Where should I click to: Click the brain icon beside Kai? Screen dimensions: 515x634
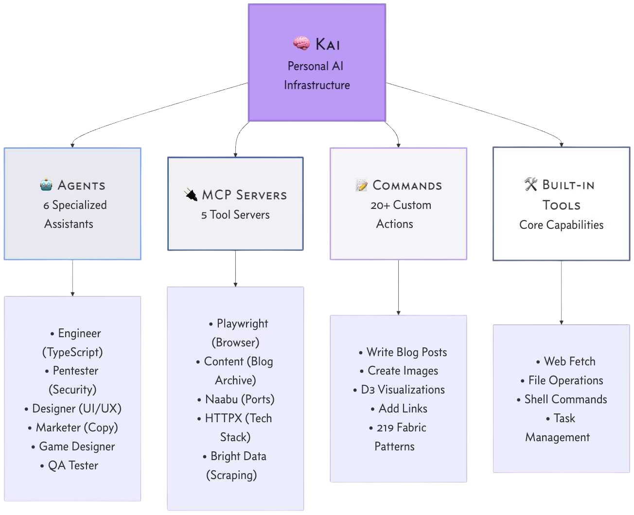pyautogui.click(x=301, y=44)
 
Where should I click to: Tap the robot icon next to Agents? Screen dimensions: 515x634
pyautogui.click(x=46, y=185)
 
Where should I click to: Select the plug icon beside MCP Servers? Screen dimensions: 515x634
pyautogui.click(x=191, y=195)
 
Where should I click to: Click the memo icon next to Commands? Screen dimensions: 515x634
pyautogui.click(x=361, y=185)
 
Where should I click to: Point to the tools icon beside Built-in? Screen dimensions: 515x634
pyautogui.click(x=531, y=185)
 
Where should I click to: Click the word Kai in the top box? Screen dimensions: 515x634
pyautogui.click(x=328, y=44)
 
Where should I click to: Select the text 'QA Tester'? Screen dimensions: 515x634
pyautogui.click(x=73, y=465)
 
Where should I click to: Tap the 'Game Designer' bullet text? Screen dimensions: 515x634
pyautogui.click(x=77, y=446)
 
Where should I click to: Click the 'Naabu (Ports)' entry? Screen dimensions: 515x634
pyautogui.click(x=240, y=399)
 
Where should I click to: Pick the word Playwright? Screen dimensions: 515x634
pyautogui.click(x=242, y=324)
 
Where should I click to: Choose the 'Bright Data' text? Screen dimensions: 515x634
pyautogui.click(x=238, y=456)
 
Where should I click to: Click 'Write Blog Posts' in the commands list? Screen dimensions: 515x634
pyautogui.click(x=406, y=352)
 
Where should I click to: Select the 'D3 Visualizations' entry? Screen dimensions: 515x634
pyautogui.click(x=403, y=390)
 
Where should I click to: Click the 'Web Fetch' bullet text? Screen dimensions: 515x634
pyautogui.click(x=569, y=361)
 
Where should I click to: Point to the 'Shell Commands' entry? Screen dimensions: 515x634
pyautogui.click(x=565, y=399)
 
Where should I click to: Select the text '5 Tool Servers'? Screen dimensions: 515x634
pyautogui.click(x=235, y=215)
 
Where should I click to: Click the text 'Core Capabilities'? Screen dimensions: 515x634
pyautogui.click(x=561, y=225)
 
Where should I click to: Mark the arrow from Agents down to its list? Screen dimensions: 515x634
pyautogui.click(x=72, y=278)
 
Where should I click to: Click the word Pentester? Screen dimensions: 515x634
pyautogui.click(x=75, y=371)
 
